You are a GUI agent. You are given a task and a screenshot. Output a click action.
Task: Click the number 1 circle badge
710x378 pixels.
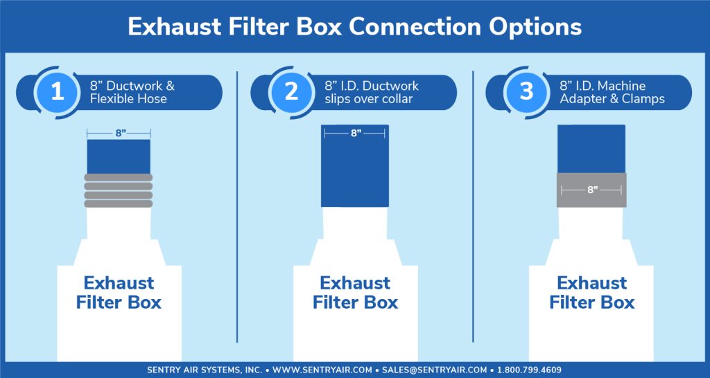tap(57, 92)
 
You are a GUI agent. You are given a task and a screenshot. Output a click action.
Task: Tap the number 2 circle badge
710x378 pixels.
tap(292, 92)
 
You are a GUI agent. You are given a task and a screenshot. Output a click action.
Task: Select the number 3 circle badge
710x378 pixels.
tap(527, 92)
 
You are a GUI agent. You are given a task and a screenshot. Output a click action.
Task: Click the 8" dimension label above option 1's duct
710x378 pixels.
tap(119, 133)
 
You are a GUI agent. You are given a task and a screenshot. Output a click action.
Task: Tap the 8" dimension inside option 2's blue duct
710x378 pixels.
tap(355, 133)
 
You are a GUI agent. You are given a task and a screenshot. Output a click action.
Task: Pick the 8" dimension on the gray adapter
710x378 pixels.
tap(591, 190)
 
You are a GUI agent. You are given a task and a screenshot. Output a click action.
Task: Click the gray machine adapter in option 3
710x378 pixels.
tap(591, 190)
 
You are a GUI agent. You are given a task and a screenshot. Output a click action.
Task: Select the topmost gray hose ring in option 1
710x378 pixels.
tap(118, 178)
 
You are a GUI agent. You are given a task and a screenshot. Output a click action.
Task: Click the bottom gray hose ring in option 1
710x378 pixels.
tap(118, 204)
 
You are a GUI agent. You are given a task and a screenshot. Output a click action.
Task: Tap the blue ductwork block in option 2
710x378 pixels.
tap(355, 165)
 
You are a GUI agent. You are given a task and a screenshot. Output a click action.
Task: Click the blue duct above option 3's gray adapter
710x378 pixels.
tap(591, 149)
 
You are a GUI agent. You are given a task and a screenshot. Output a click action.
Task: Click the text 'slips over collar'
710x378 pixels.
tap(369, 98)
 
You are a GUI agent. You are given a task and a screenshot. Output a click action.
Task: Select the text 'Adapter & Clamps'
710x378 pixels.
tap(612, 98)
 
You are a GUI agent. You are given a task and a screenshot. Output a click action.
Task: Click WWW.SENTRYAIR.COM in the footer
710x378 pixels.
tap(322, 370)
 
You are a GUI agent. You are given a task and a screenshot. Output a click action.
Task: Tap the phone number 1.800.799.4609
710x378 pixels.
tap(529, 370)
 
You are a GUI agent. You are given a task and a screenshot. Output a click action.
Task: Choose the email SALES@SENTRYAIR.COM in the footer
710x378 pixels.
tap(435, 370)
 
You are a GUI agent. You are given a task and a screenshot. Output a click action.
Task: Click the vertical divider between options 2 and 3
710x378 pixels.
tap(473, 206)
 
